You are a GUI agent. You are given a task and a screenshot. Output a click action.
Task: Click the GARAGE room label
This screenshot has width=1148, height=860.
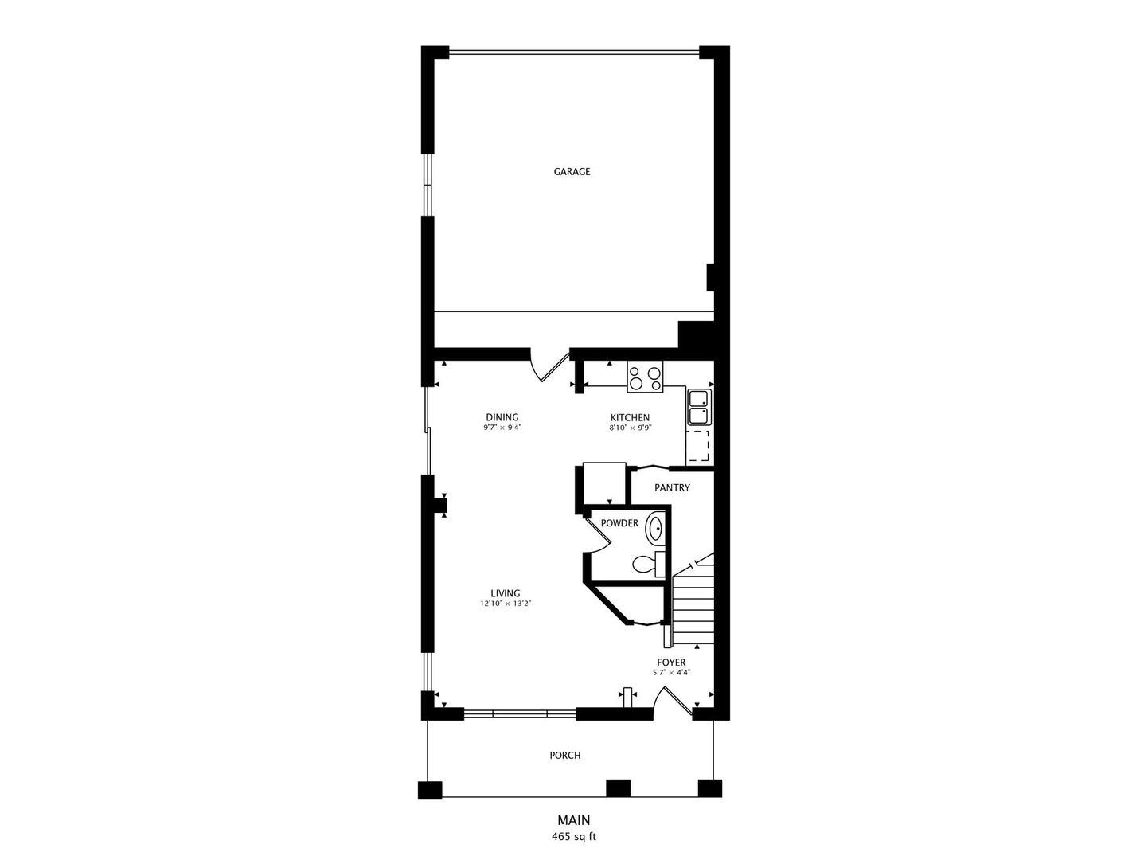[572, 171]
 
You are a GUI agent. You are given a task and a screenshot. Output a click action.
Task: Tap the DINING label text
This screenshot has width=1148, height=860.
[502, 417]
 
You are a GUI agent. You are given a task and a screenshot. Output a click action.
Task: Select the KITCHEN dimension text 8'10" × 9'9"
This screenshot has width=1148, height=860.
[630, 427]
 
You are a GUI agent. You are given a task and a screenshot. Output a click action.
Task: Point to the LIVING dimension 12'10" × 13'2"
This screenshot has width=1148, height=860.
[506, 603]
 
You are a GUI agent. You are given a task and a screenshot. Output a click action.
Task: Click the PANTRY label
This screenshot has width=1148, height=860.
[672, 487]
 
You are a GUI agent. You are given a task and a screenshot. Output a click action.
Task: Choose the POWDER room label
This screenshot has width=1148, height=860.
[619, 523]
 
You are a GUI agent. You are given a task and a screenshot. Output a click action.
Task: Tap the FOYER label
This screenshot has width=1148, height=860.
[672, 663]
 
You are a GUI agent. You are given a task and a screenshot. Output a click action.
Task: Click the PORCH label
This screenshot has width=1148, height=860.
[565, 756]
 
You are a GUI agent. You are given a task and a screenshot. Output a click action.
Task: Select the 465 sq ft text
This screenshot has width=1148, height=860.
[574, 836]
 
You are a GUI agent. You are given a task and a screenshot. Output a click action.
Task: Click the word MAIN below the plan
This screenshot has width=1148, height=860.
[574, 819]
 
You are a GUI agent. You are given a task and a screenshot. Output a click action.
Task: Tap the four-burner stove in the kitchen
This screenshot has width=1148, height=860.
[645, 377]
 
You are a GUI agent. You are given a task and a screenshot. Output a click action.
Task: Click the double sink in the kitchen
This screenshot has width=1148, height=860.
[699, 407]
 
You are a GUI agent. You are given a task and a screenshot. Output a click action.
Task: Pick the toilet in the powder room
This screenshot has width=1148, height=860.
[649, 564]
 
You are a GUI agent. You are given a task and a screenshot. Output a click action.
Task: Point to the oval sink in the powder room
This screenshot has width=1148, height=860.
[655, 529]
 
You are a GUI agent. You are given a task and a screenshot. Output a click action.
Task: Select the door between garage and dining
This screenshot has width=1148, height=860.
[549, 365]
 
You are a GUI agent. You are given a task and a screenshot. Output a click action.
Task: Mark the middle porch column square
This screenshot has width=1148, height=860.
[618, 788]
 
